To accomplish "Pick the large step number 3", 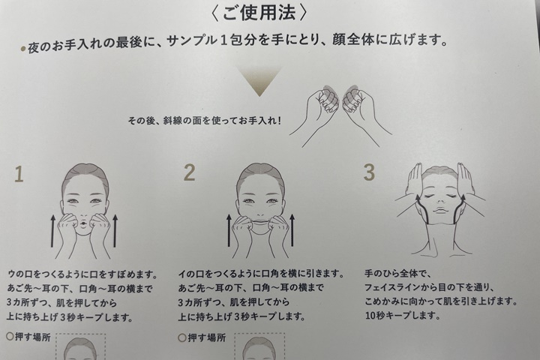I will (x=368, y=172).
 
